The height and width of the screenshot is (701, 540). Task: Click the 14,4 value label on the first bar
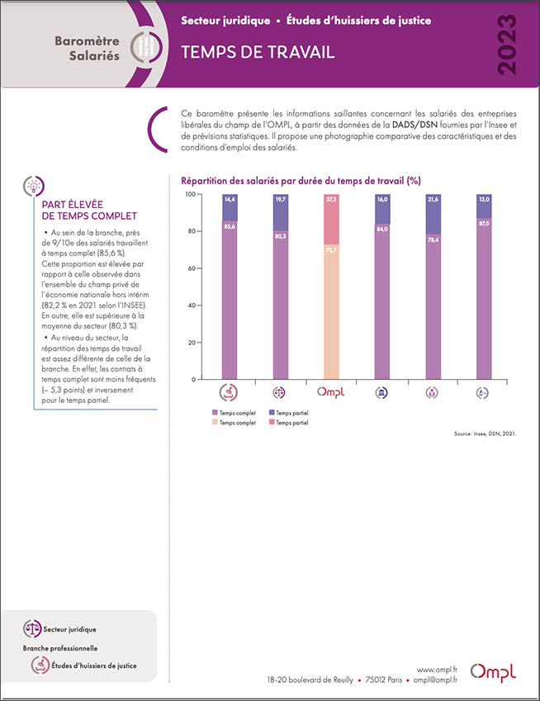point(230,199)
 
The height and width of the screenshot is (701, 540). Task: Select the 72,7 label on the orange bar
point(331,250)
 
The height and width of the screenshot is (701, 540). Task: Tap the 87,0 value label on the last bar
point(484,223)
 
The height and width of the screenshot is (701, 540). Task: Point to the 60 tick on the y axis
point(193,268)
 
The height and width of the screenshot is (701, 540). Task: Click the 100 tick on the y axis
point(191,194)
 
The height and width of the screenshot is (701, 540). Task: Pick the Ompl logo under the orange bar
point(331,392)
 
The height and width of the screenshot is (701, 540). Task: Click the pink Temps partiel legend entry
point(289,423)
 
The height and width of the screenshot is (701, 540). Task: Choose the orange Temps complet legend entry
point(234,423)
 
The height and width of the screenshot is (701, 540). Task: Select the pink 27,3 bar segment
point(331,220)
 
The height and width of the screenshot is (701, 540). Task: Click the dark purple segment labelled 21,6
point(433,215)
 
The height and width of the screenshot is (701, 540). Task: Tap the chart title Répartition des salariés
point(301,181)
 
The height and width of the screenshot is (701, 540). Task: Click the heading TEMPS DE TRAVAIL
point(258,52)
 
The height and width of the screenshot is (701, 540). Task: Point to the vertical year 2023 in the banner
point(507,45)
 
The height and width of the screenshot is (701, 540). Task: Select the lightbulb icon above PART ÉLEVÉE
point(34,186)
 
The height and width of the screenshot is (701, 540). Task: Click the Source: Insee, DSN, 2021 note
point(485,433)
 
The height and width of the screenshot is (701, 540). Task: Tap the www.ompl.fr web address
point(437,670)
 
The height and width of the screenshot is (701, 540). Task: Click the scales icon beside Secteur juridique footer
point(32,628)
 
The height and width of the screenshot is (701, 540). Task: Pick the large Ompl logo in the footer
point(493,673)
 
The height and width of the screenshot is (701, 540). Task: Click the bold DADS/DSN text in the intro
point(414,125)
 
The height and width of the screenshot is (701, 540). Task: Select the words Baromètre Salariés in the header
point(88,48)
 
